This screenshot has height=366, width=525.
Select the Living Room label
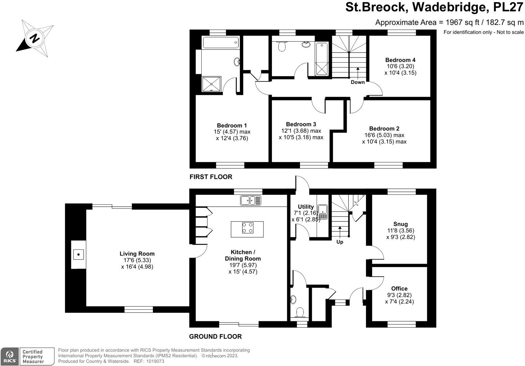coord(137,253)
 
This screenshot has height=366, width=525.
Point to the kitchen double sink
coord(251,201)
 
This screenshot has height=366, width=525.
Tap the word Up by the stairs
coord(340,242)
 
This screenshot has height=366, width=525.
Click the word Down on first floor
coord(358,82)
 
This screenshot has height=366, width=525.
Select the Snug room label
coord(401,224)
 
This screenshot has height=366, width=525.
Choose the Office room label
coord(399,288)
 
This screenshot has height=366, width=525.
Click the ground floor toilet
coord(299,312)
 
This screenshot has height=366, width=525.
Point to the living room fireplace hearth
coord(78,254)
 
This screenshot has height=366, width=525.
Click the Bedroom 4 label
coord(400,60)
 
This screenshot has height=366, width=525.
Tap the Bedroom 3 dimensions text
coord(301,134)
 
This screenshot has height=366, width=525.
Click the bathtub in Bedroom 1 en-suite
coord(221,43)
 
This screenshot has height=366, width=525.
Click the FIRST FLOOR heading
coord(211,177)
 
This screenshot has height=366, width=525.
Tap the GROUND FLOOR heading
coord(215,337)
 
